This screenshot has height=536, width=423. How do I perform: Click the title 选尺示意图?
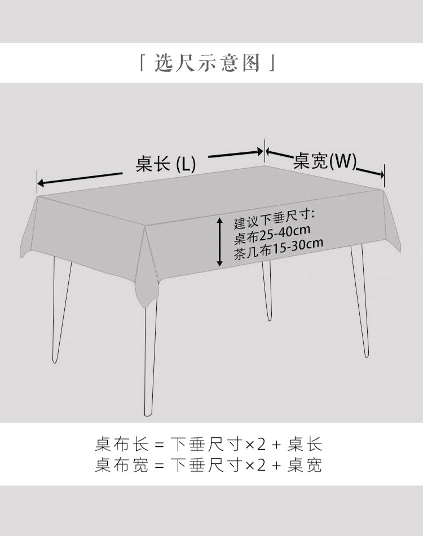click(x=208, y=63)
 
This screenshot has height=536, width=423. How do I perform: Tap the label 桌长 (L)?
click(x=165, y=164)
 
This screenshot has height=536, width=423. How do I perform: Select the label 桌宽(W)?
click(x=325, y=162)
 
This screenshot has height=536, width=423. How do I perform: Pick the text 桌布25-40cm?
click(x=272, y=231)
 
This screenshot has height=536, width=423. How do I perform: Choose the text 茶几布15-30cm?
click(x=278, y=244)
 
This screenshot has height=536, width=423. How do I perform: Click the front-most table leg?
click(x=149, y=361)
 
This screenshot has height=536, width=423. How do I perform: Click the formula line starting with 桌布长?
click(x=208, y=444)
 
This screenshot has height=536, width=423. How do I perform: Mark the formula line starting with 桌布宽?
click(x=208, y=465)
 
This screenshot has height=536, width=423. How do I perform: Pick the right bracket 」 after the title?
click(x=272, y=64)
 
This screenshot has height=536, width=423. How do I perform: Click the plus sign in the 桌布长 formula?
click(x=276, y=445)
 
